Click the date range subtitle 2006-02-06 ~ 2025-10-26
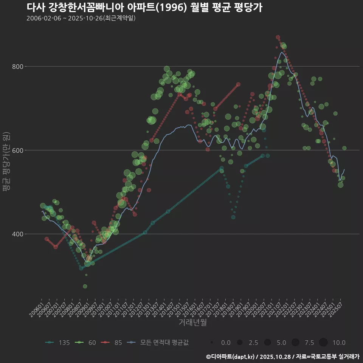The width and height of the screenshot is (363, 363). pos(81,18)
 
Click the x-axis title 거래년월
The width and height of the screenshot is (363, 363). pos(192,323)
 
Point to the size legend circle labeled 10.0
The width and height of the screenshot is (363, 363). pos(323,343)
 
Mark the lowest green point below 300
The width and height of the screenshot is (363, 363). pos(85,286)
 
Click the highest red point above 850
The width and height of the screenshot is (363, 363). pos(278,37)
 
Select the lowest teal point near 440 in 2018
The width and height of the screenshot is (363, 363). pos(233,217)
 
